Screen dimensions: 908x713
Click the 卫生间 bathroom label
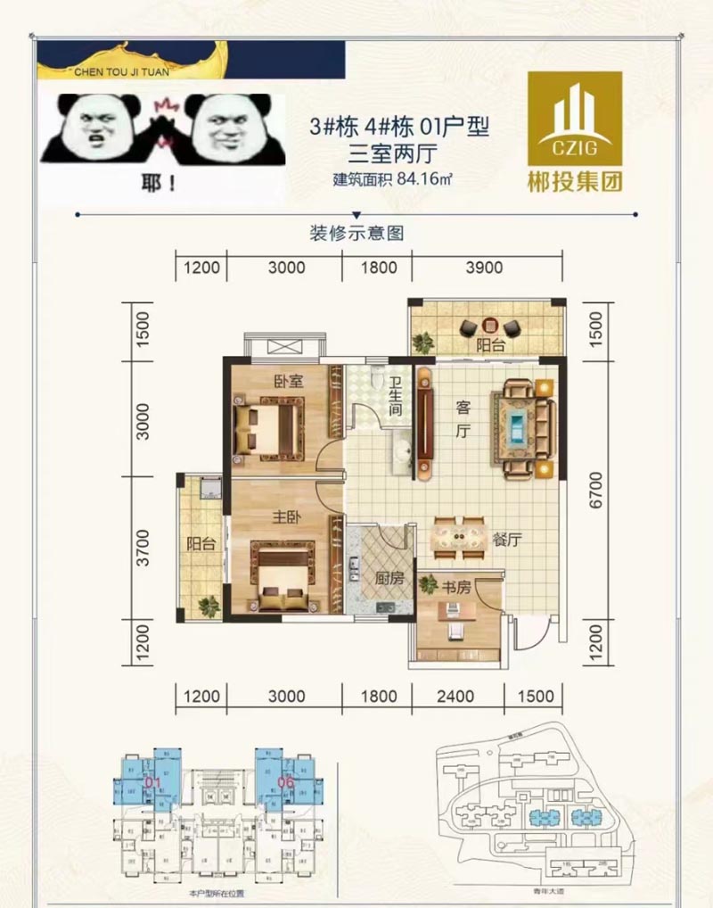394,398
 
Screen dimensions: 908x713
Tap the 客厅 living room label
463,420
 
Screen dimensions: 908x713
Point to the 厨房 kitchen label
389,578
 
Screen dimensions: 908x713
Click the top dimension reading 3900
485,267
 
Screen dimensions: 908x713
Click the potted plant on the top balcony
423,341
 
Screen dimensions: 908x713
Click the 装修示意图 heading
356,234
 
